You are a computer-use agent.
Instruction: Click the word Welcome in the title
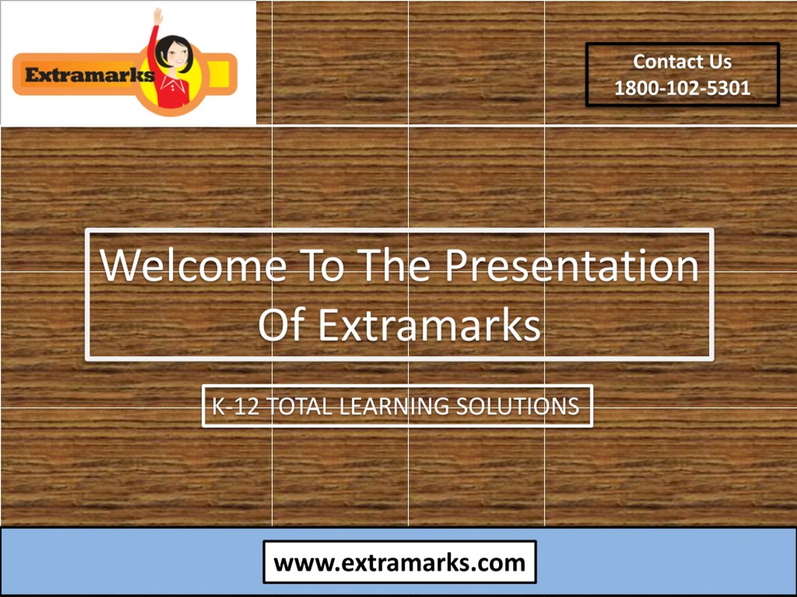point(193,266)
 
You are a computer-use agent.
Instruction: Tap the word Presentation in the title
point(572,266)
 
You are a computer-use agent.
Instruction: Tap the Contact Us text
point(682,62)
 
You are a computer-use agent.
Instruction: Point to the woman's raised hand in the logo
point(158,16)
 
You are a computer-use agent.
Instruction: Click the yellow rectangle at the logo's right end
point(219,74)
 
